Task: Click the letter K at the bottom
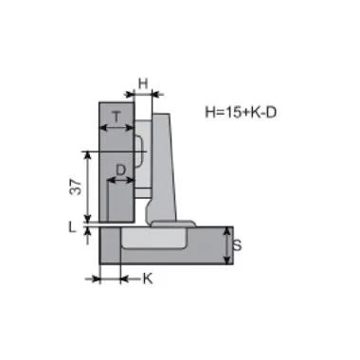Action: [x=148, y=279]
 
